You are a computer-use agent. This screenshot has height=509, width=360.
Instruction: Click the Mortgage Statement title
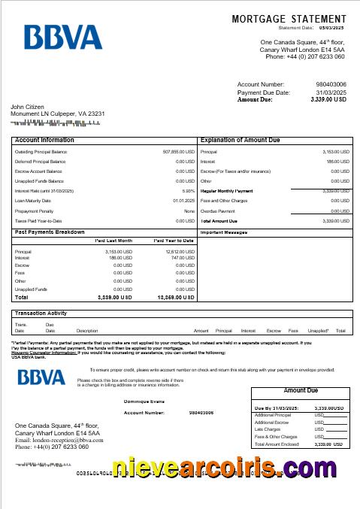click(x=289, y=18)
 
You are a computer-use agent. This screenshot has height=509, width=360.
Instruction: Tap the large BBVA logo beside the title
click(x=62, y=37)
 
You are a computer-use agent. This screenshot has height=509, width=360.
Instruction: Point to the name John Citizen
click(x=27, y=107)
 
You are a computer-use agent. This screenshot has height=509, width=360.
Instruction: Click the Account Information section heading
click(x=44, y=140)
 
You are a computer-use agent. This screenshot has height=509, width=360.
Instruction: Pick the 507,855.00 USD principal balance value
click(x=179, y=152)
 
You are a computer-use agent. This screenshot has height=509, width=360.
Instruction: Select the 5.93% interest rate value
click(x=188, y=191)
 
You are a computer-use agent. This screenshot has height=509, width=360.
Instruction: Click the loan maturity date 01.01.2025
click(x=184, y=201)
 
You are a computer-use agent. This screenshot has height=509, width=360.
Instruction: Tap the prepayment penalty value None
click(x=189, y=211)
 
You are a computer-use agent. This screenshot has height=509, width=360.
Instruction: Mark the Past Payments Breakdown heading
click(x=50, y=232)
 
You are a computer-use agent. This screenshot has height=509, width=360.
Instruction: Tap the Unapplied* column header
click(x=318, y=331)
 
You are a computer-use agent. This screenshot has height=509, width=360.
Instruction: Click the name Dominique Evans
click(x=144, y=401)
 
